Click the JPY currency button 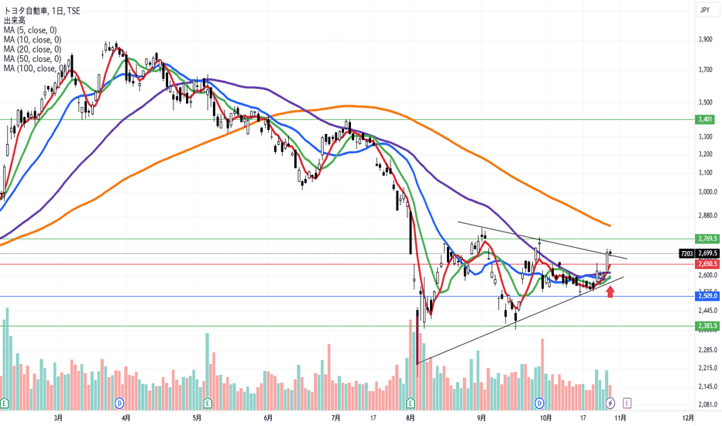coord(705,9)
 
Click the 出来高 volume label coord(14,21)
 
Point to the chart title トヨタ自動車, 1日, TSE coord(40,10)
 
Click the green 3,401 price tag coord(706,120)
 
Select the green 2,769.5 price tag coord(708,239)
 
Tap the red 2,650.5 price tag coord(708,264)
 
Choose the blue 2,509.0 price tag coord(708,296)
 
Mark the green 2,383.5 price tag coord(708,326)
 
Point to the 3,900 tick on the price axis coord(706,39)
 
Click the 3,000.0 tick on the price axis coord(707,192)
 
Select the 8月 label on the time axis coord(410,417)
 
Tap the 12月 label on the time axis coord(688,417)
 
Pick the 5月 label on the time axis coord(197,417)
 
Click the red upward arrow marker coord(610,291)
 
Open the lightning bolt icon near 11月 coord(610,403)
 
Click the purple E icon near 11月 coord(627,403)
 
